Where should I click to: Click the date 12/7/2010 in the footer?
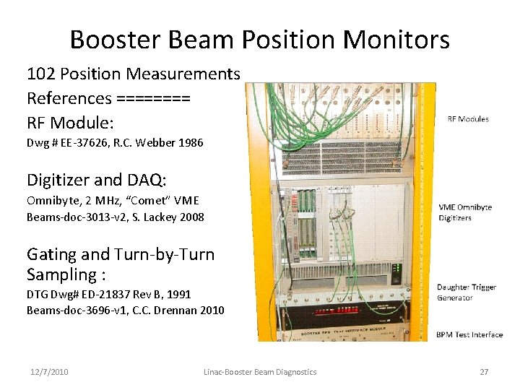(x=49, y=372)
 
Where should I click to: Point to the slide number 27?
(x=484, y=372)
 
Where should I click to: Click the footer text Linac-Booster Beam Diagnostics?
(x=260, y=372)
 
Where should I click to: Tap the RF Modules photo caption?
(x=468, y=119)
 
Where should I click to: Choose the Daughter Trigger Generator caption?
(x=466, y=292)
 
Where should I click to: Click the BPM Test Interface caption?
(x=469, y=334)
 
